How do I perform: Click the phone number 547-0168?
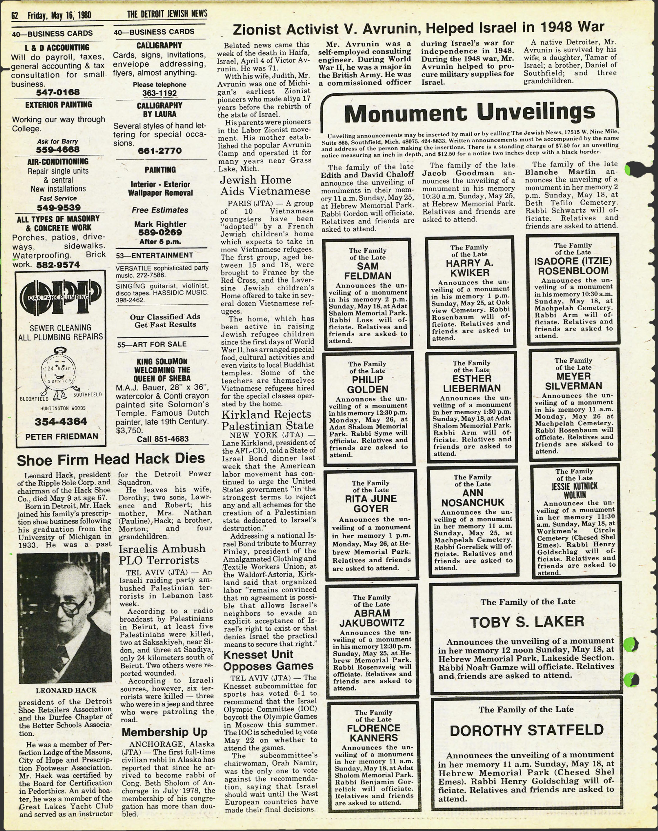pos(58,92)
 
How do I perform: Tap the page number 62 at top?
pos(15,15)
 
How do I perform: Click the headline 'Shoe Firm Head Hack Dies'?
pos(111,459)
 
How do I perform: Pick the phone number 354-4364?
pos(61,422)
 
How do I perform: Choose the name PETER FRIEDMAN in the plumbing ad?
pos(62,437)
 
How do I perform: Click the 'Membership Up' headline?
pos(165,732)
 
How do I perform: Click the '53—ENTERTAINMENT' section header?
pos(154,255)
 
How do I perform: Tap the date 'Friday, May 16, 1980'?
pos(59,15)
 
